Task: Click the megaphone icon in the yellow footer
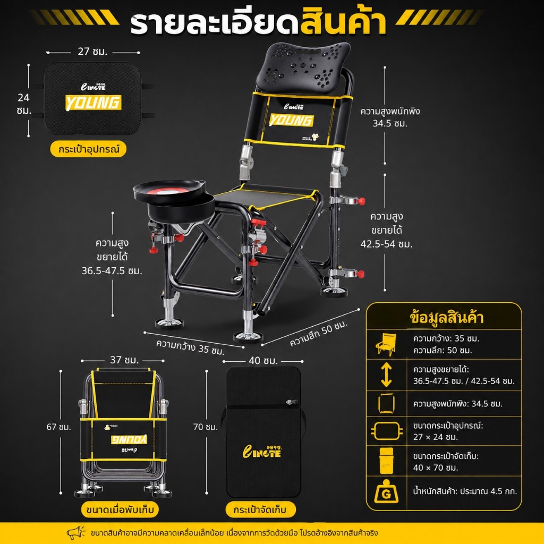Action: [75, 532]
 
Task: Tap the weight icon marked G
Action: [386, 491]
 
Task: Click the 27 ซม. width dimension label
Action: [92, 52]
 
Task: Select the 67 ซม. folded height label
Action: [58, 427]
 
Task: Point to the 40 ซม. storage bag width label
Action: [263, 361]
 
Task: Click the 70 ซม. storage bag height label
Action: [206, 427]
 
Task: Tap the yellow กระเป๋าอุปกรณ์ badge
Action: [89, 149]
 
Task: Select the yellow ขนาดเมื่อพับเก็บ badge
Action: [120, 509]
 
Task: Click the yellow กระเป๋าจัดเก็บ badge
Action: [260, 509]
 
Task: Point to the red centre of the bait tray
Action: [169, 191]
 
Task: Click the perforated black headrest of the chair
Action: [303, 66]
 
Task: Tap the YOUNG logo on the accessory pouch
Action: [93, 103]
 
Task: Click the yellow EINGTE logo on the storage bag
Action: [261, 451]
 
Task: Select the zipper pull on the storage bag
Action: [292, 402]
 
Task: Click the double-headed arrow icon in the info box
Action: [386, 375]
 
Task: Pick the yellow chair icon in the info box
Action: [386, 344]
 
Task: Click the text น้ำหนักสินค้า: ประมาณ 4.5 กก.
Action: [465, 491]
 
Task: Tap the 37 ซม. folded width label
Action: [124, 360]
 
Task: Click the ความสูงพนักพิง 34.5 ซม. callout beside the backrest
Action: [390, 117]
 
